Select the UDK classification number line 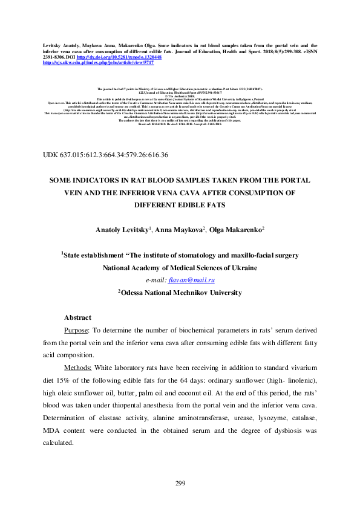click(x=106, y=155)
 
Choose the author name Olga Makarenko click(x=232, y=230)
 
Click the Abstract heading click(x=77, y=317)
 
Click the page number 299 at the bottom click(x=180, y=482)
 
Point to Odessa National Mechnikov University click(x=180, y=293)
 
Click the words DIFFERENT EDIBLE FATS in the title click(x=180, y=205)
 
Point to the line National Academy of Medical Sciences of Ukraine click(x=180, y=268)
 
